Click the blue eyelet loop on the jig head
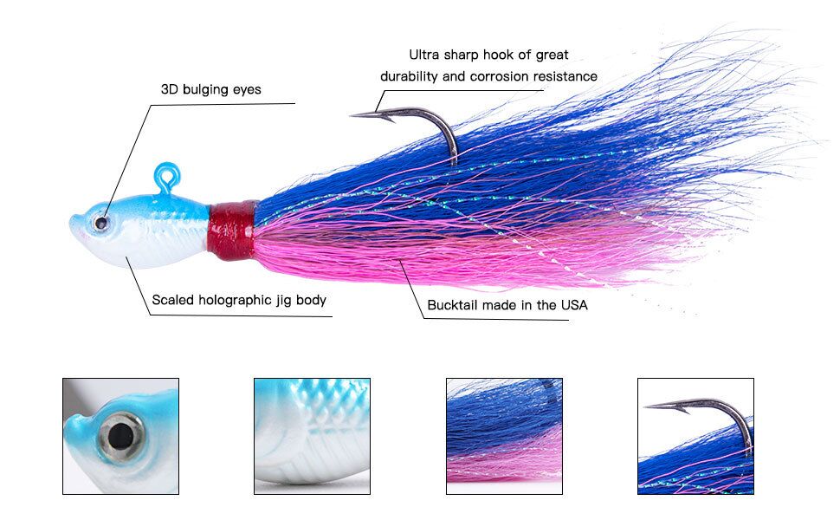(165, 178)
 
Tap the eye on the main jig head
(102, 224)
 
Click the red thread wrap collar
(234, 228)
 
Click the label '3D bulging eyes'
(210, 89)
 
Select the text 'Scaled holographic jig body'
(239, 300)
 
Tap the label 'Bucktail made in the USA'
(507, 305)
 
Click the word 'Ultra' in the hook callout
(426, 55)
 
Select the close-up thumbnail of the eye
(120, 436)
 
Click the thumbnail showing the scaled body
(312, 436)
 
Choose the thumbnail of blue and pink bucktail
(504, 436)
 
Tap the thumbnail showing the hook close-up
(695, 436)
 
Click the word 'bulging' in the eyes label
(205, 89)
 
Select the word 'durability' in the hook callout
(410, 76)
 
